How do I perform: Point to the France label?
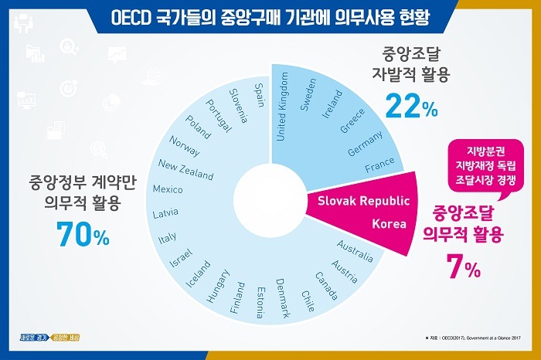[379, 164]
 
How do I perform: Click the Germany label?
[365, 144]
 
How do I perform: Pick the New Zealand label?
[185, 169]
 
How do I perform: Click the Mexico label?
[168, 190]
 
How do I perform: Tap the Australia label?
[356, 250]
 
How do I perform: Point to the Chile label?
[307, 296]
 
